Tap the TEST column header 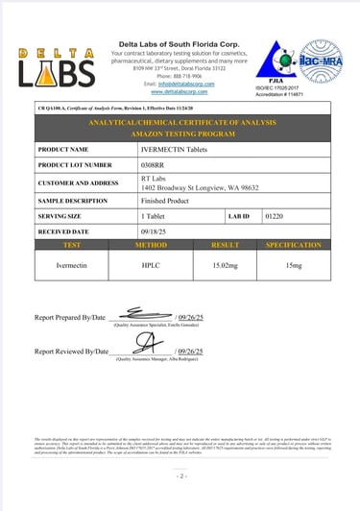point(70,246)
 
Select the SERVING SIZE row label point(64,217)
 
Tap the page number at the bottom point(180,475)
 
